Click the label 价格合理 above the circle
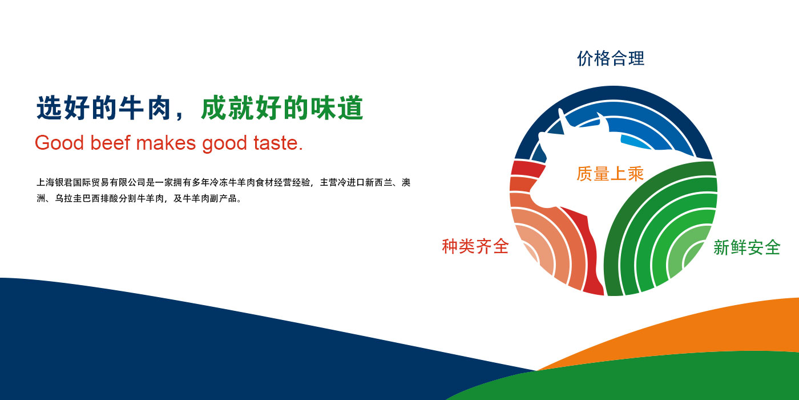coord(611,58)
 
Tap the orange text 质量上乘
coord(610,174)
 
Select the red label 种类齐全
coord(475,246)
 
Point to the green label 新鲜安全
coord(747,247)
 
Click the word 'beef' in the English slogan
coord(110,143)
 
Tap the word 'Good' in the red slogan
coord(59,143)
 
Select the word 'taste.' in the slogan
coord(278,143)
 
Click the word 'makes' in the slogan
coord(166,143)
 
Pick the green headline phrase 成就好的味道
coord(282,108)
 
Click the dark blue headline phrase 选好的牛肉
coord(103,108)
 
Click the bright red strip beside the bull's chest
coord(588,250)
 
